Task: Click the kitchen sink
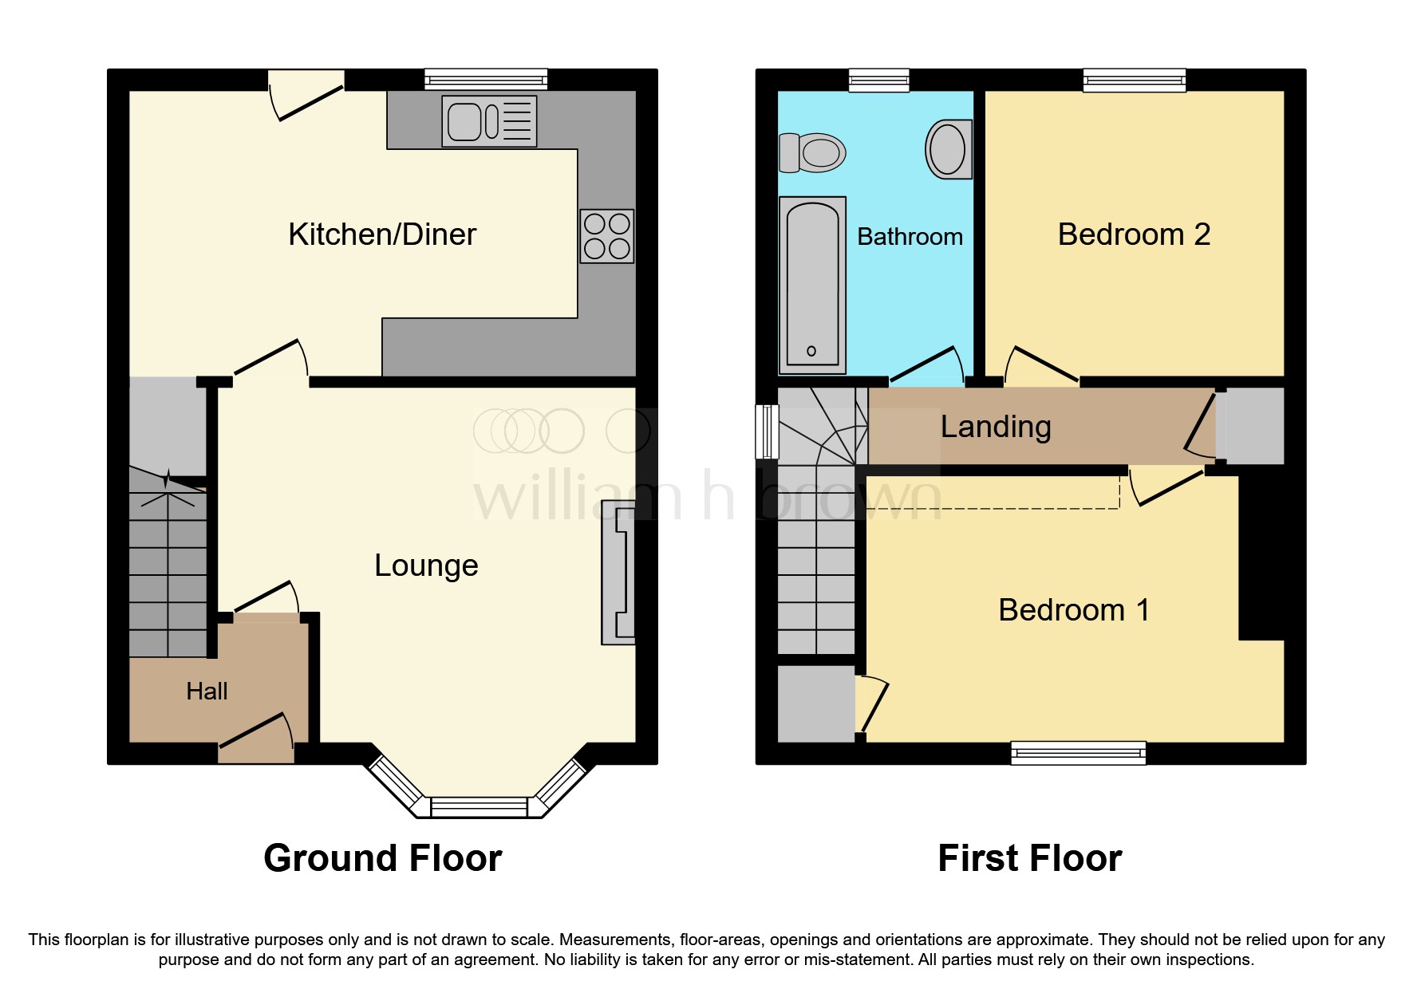(489, 121)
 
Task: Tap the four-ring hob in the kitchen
(607, 236)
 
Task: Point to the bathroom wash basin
(949, 149)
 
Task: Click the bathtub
(812, 285)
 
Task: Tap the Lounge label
(426, 565)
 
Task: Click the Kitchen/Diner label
(382, 234)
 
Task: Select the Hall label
(207, 692)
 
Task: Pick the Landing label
(996, 428)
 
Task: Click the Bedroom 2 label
(1134, 234)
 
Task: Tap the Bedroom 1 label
(1074, 610)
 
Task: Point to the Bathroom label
(910, 237)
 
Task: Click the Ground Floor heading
(383, 859)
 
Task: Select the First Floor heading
(1030, 859)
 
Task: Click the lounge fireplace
(618, 572)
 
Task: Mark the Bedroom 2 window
(1134, 80)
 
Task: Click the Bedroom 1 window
(1078, 753)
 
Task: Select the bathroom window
(878, 80)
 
